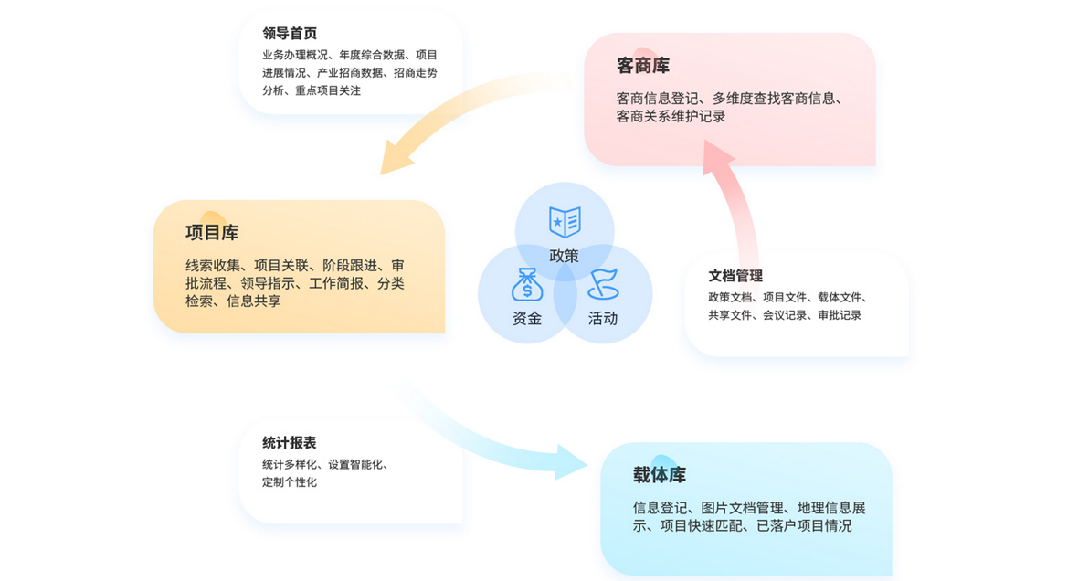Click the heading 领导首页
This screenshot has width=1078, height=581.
pos(290,33)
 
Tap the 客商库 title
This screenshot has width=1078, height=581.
pos(643,66)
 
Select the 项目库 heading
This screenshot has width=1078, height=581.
pos(212,232)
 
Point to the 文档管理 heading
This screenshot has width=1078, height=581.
pos(735,276)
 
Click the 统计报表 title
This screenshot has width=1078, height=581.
pos(290,443)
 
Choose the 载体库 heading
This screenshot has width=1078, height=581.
pos(660,474)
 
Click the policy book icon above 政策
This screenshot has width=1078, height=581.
pos(565,222)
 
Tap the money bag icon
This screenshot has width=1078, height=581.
pos(527,285)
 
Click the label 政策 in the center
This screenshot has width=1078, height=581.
pos(565,256)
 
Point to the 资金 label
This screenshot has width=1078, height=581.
pos(527,318)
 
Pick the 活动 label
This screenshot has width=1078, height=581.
pos(603,318)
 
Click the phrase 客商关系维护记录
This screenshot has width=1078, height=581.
pos(671,116)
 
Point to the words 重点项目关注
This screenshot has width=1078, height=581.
pos(328,90)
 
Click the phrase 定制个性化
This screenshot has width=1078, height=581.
pos(290,482)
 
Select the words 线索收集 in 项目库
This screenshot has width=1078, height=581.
pos(213,266)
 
